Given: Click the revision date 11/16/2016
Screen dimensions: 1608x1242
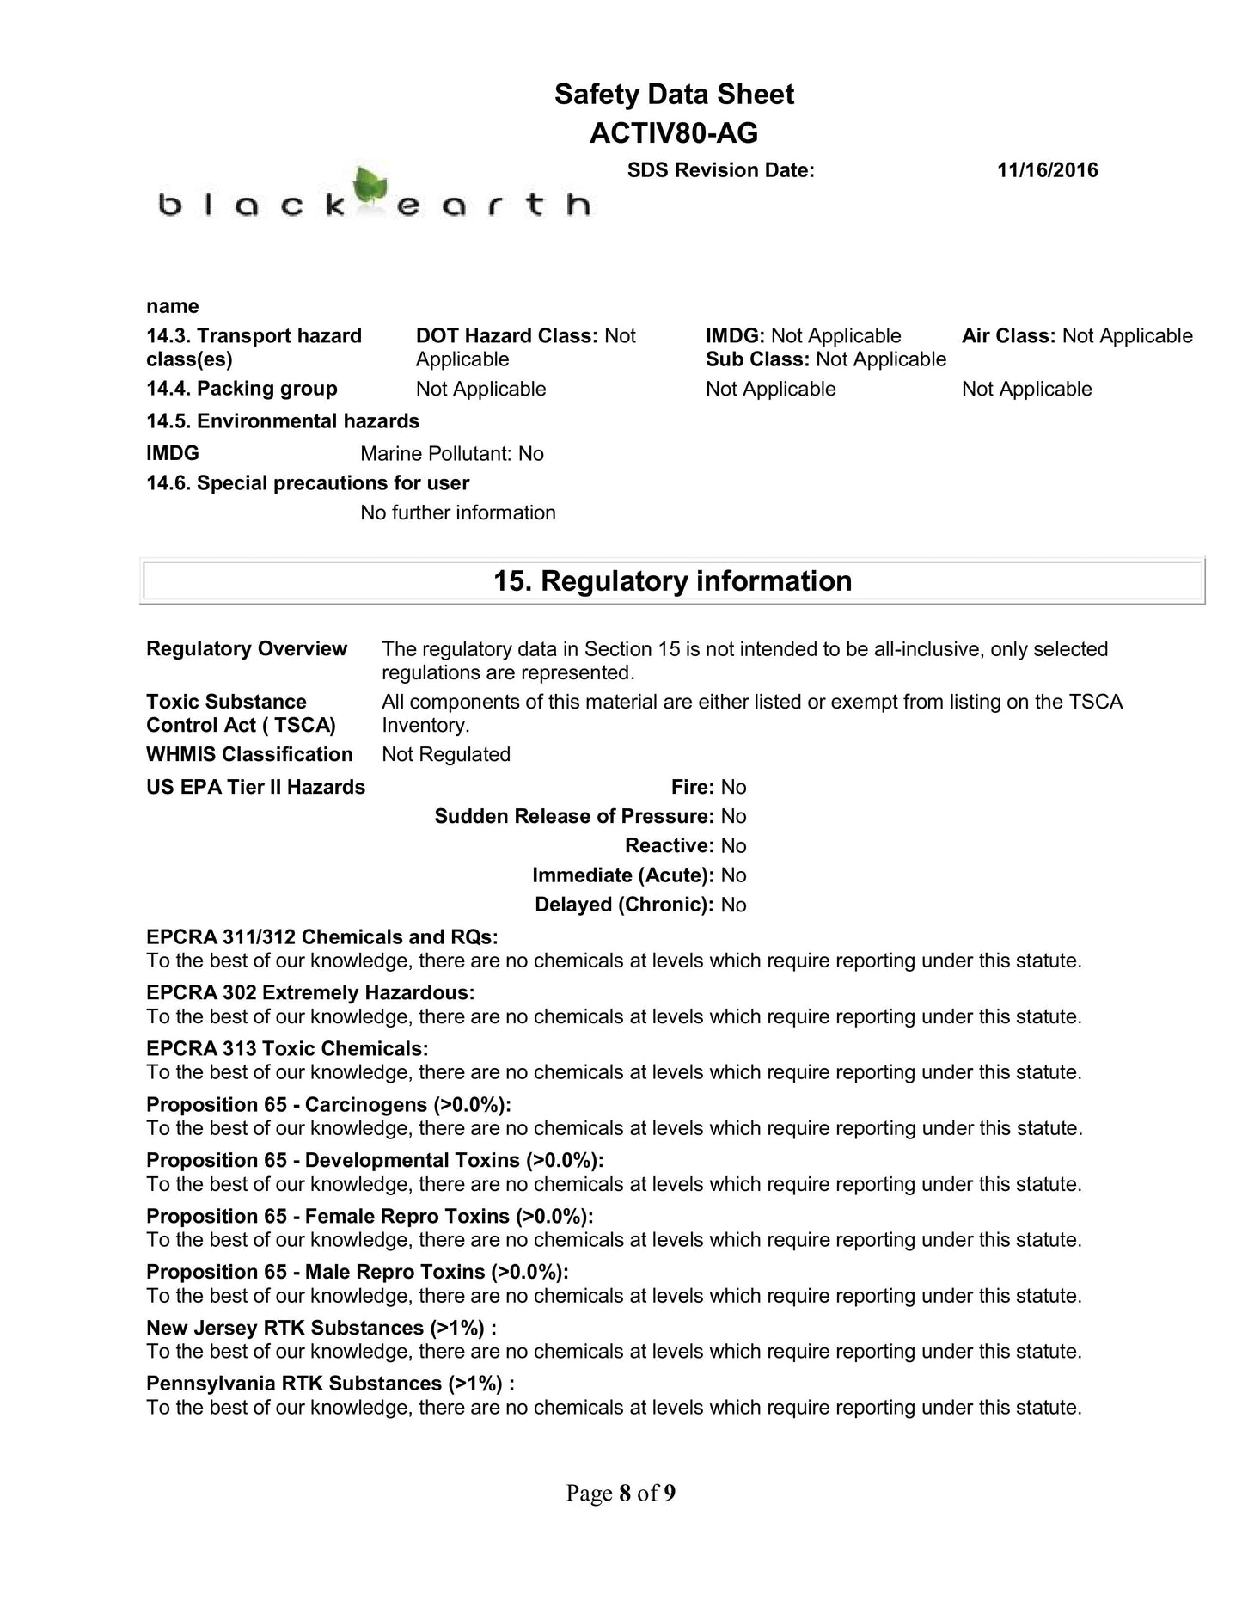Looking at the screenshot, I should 1047,170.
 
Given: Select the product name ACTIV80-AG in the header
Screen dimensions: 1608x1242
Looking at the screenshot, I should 673,133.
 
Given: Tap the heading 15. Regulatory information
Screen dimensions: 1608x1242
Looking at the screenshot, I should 672,581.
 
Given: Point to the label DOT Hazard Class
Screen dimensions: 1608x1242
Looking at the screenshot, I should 506,336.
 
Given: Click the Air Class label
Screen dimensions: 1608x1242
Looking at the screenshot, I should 1008,336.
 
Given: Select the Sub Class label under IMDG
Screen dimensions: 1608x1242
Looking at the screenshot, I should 757,359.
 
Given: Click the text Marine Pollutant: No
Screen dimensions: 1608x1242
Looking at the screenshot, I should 452,454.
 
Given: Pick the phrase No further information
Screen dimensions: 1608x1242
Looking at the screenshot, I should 458,512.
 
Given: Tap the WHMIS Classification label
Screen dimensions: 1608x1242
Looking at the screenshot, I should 249,754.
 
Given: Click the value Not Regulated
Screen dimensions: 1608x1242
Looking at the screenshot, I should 446,754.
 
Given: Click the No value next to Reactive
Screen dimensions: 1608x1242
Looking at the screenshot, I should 733,846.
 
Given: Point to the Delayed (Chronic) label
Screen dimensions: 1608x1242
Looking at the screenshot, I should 624,905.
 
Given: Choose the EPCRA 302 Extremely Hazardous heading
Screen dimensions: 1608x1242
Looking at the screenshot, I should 310,993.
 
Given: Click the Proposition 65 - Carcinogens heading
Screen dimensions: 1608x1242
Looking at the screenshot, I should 328,1105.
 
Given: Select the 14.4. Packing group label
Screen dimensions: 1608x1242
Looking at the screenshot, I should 242,389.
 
